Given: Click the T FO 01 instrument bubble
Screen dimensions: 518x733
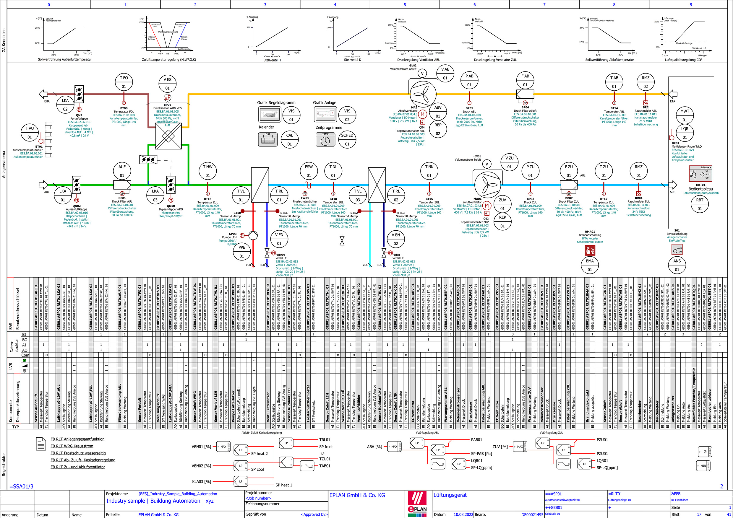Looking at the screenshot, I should coord(124,82).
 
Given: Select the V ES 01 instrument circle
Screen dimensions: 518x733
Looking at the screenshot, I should coord(167,84).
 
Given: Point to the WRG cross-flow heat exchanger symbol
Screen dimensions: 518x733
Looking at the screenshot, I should coord(168,136).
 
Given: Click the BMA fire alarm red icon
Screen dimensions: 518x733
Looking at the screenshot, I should coord(590,250).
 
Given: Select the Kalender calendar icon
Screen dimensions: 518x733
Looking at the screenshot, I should coord(267,139).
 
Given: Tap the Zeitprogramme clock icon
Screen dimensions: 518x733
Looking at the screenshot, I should coord(325,140).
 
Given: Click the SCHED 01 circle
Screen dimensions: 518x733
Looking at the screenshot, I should coord(347,140).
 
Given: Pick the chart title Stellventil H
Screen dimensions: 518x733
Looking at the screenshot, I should coord(272,60).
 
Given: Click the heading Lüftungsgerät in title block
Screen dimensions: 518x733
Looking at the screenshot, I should coord(450,495).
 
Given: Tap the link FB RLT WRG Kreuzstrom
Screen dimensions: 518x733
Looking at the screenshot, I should coord(72,446).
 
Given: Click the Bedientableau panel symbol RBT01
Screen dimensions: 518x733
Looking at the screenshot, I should coord(700,174).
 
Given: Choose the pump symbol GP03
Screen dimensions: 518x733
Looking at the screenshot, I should coord(253,235).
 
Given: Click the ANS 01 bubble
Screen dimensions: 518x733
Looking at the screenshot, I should coord(677,265).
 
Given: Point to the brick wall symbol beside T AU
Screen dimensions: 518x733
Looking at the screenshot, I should coord(48,139).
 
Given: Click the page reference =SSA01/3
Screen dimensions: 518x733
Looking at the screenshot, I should coord(21,486).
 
